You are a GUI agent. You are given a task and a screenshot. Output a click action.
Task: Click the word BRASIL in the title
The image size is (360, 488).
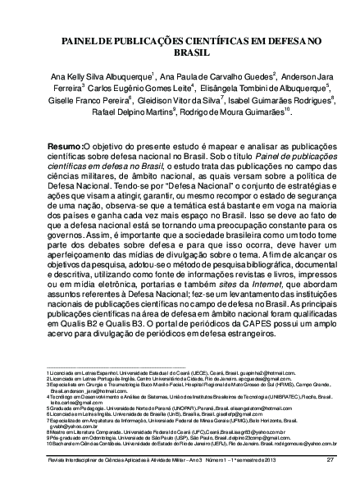point(179,48)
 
